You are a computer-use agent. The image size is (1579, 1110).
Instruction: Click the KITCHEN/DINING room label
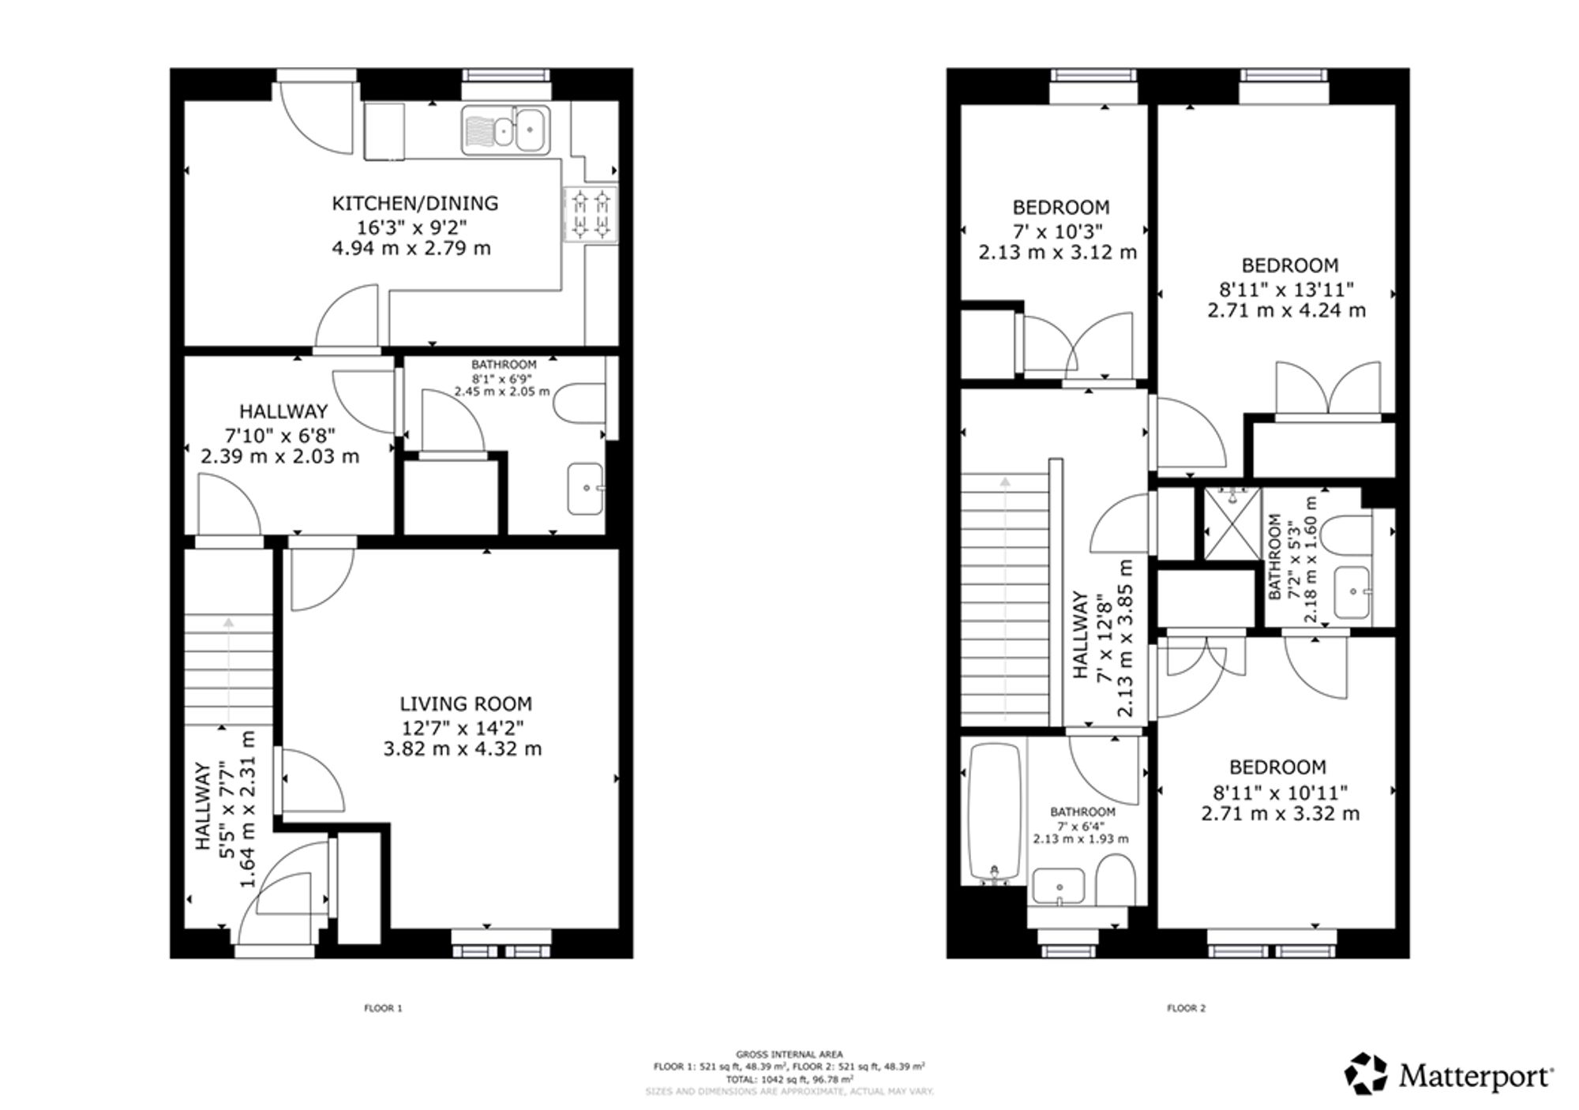click(x=414, y=204)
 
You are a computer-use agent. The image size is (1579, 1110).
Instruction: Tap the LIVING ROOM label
click(x=466, y=703)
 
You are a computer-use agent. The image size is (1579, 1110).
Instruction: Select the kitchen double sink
click(x=506, y=129)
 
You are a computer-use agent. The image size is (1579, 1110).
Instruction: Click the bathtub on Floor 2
click(x=994, y=814)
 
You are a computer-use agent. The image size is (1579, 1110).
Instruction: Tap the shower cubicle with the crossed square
click(x=1232, y=524)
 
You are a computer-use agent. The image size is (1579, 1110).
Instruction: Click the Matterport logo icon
click(x=1366, y=1074)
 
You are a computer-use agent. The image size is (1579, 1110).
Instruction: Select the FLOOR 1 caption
click(x=383, y=1008)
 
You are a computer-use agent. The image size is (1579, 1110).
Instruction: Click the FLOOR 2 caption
click(x=1186, y=1008)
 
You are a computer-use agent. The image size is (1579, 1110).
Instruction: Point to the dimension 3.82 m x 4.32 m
click(x=463, y=748)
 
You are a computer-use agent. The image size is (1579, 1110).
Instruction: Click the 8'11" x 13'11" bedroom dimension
click(x=1286, y=289)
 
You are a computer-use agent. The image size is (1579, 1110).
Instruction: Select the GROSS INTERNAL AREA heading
click(x=789, y=1054)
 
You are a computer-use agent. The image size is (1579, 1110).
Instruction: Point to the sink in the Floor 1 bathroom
click(x=585, y=489)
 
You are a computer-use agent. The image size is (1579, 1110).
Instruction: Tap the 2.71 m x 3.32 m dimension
click(x=1281, y=813)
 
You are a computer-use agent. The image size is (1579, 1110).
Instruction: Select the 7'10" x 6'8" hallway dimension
click(x=280, y=434)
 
